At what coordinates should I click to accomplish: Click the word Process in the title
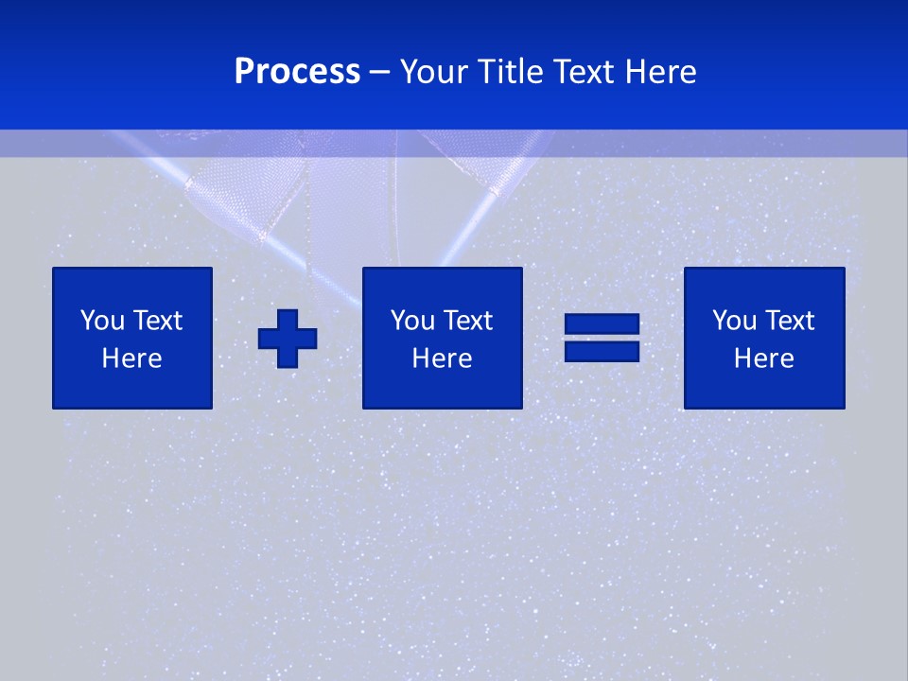[x=297, y=72]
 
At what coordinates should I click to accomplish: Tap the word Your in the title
[x=437, y=72]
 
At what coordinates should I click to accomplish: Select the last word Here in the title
[x=660, y=72]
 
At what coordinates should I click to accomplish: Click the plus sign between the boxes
[x=288, y=339]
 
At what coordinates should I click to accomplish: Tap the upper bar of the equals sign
[x=602, y=324]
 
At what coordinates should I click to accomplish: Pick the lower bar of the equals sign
[x=602, y=351]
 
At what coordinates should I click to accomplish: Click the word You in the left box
[x=102, y=321]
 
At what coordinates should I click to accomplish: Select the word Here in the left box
[x=131, y=358]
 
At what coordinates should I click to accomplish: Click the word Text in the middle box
[x=467, y=321]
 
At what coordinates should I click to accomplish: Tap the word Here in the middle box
[x=442, y=358]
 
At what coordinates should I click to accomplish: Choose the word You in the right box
[x=734, y=321]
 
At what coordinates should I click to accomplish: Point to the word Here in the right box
[x=763, y=358]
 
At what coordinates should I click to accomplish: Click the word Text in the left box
[x=157, y=321]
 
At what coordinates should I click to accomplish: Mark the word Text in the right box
[x=789, y=321]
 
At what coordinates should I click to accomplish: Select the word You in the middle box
[x=412, y=321]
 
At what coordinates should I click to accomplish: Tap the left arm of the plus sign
[x=268, y=339]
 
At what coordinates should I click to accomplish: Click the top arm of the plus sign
[x=288, y=319]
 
